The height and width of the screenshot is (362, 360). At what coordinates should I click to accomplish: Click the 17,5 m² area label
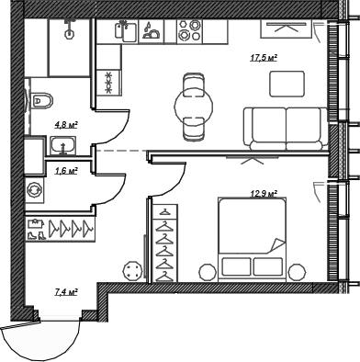click(264, 57)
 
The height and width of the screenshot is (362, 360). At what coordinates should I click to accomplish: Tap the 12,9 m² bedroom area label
click(264, 193)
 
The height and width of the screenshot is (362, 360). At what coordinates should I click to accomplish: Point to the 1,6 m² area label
click(66, 171)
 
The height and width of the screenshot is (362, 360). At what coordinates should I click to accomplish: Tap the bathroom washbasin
click(62, 145)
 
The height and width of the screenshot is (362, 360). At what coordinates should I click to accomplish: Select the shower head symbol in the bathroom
click(68, 28)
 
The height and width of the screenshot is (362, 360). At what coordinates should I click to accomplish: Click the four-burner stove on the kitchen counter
click(189, 31)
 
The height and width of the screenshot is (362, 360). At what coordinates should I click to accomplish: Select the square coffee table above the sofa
click(287, 83)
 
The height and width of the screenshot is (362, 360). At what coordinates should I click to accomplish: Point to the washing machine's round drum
click(36, 190)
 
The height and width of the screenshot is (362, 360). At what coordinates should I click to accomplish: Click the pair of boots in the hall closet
click(36, 234)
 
